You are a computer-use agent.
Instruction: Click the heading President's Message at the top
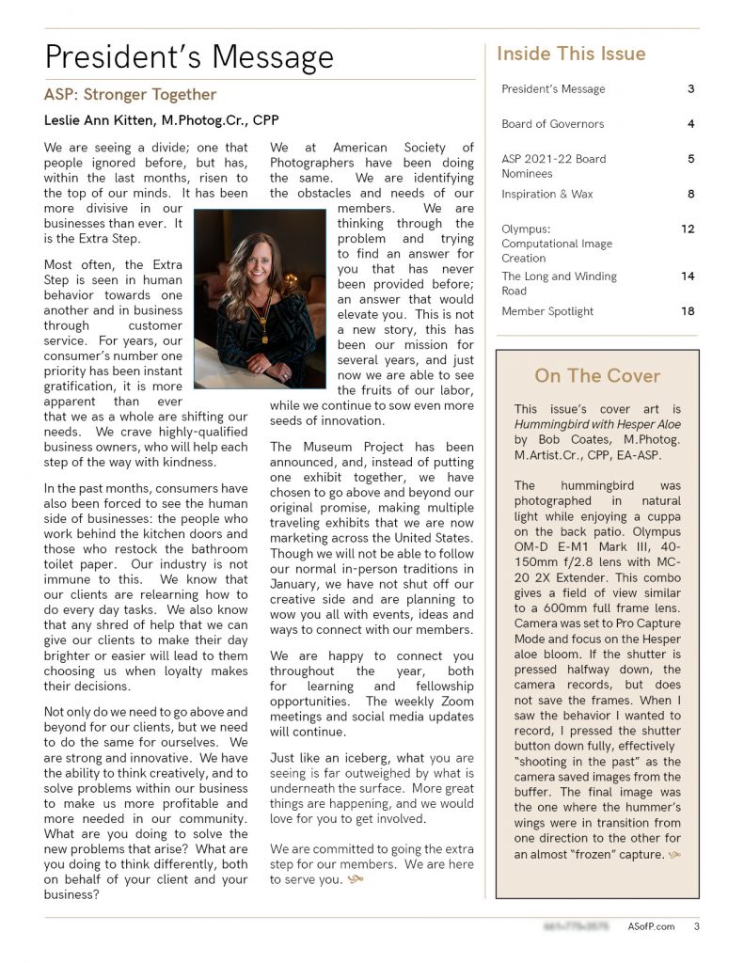click(x=189, y=57)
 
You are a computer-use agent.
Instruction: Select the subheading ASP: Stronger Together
click(x=130, y=95)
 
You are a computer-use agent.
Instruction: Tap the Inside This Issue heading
click(x=571, y=54)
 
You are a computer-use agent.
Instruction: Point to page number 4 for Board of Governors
click(x=690, y=123)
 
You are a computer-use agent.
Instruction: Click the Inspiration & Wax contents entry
click(x=546, y=194)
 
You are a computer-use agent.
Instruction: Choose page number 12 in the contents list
click(x=688, y=229)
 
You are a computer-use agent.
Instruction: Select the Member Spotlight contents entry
click(x=547, y=311)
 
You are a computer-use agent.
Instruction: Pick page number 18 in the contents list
click(x=688, y=311)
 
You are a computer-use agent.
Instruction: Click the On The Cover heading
click(x=597, y=376)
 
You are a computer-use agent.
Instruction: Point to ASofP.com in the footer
click(x=651, y=926)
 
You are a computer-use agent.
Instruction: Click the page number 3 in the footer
click(x=696, y=926)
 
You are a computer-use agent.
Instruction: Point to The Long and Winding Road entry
click(x=559, y=283)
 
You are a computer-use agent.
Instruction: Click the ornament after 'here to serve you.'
click(x=355, y=880)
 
